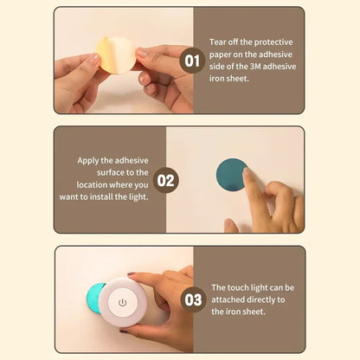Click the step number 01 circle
pos(192,61)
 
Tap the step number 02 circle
pos(166,181)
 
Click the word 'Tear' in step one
pos(219,41)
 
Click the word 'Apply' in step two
pos(90,159)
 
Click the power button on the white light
pos(122,302)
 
